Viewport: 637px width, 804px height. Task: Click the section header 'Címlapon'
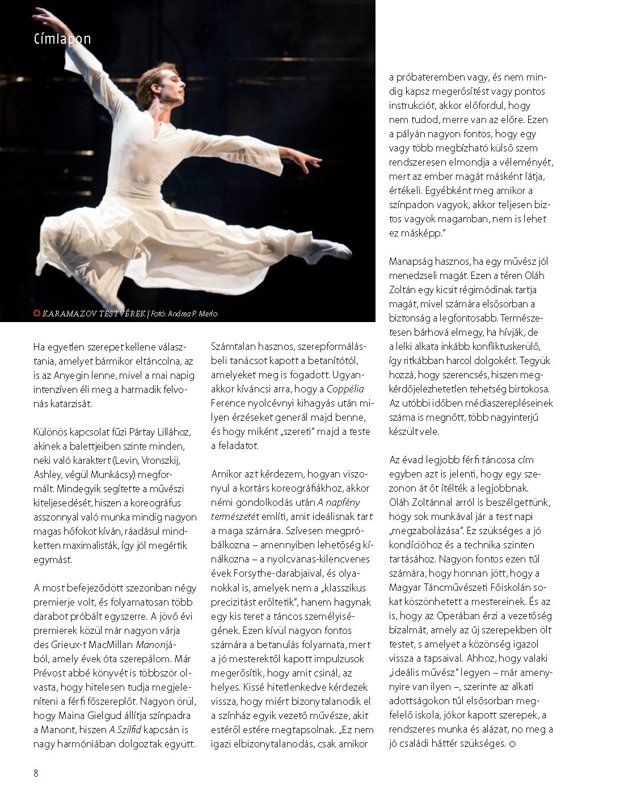62,39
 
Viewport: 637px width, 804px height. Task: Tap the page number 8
36,773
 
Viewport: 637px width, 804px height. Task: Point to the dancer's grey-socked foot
329,250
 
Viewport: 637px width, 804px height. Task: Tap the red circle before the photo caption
37,314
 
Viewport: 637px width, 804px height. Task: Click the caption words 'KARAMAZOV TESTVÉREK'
94,314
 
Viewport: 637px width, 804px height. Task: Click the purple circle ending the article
513,744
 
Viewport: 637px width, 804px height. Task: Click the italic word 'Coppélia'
345,389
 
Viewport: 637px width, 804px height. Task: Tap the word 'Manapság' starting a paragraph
413,261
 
